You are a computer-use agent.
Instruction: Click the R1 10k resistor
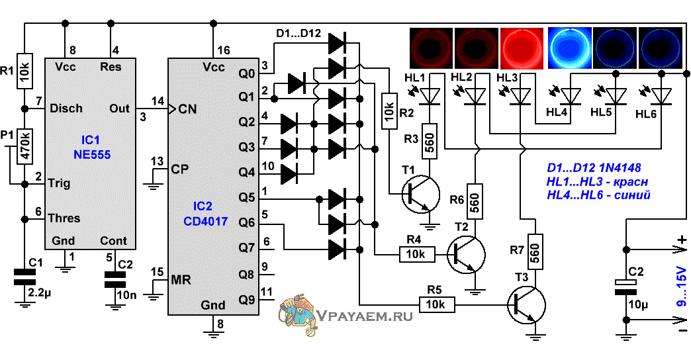[24, 71]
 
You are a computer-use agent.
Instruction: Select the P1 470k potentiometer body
[24, 146]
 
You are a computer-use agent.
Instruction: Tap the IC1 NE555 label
[91, 147]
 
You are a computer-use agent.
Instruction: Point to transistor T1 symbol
[420, 195]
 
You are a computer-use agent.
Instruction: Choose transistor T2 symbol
[465, 255]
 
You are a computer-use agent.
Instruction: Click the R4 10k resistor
[417, 254]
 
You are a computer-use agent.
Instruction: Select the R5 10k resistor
[437, 304]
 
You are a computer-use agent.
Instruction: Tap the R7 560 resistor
[535, 251]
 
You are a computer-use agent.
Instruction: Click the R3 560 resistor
[430, 141]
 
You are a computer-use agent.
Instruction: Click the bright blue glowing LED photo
[569, 48]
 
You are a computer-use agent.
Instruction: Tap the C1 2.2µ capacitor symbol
[24, 277]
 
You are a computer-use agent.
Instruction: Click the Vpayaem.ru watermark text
[365, 316]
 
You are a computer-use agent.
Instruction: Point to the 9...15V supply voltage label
[681, 287]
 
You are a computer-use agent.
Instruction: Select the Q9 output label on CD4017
[247, 300]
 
